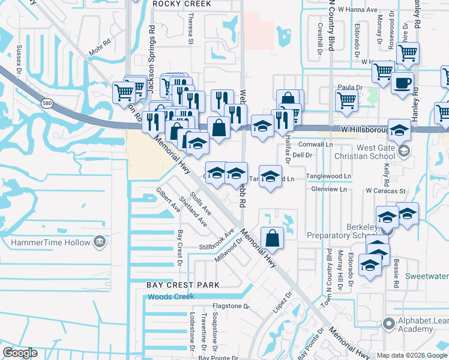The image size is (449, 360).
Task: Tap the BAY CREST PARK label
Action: pyautogui.click(x=183, y=284)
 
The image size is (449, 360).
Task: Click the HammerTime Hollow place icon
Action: pyautogui.click(x=100, y=242)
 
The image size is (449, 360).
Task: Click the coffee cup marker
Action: pyautogui.click(x=403, y=83)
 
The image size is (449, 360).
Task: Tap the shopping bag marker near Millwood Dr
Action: pyautogui.click(x=273, y=237)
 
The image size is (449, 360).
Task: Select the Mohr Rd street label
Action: pyautogui.click(x=100, y=44)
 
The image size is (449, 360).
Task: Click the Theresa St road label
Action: pyautogui.click(x=190, y=30)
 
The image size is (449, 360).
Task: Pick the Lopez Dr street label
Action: pyautogui.click(x=284, y=302)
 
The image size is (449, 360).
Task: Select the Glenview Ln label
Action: pyautogui.click(x=329, y=189)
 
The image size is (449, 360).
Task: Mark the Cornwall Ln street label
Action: pyautogui.click(x=315, y=145)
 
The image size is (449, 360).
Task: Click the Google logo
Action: pyautogui.click(x=20, y=352)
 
